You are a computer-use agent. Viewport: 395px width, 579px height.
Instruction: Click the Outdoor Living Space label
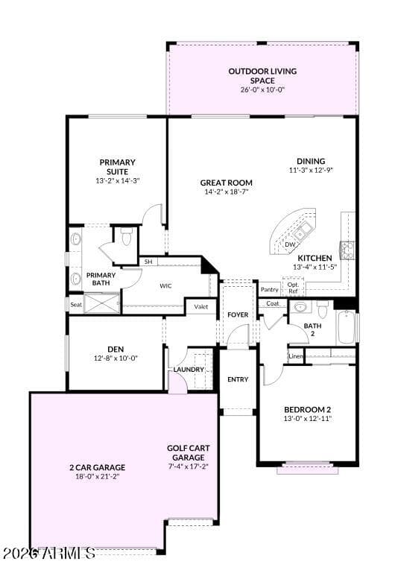pos(262,76)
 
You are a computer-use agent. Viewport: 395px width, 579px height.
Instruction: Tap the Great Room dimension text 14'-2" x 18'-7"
pos(227,192)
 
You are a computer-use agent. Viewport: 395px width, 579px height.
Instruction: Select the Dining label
pos(311,161)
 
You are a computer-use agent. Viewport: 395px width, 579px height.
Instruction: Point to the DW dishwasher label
pos(290,244)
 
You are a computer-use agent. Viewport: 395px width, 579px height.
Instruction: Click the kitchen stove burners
pos(347,249)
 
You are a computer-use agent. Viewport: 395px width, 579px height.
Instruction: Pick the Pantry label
pos(270,289)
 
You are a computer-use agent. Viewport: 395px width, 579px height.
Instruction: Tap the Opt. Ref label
pos(293,288)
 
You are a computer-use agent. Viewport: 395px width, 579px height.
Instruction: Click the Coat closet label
pos(273,303)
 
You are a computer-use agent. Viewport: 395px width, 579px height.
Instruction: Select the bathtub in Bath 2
pos(346,327)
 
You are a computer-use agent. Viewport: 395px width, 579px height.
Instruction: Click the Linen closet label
pos(296,356)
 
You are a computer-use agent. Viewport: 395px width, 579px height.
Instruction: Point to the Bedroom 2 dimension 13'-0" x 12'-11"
pos(308,418)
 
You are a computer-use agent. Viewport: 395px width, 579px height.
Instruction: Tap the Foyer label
pos(238,314)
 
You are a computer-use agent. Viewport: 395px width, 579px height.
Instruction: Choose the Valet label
pos(201,306)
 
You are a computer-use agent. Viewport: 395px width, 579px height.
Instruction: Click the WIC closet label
pos(165,286)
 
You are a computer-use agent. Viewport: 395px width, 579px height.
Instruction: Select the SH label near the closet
pos(148,262)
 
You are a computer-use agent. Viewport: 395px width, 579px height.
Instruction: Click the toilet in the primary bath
pos(126,237)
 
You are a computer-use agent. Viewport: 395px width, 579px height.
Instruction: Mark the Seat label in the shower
pos(76,305)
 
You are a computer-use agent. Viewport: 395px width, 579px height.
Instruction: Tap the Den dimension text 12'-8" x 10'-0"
pos(116,358)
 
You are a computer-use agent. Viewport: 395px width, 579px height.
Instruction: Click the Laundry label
pos(189,370)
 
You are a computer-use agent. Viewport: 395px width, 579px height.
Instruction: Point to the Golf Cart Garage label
pos(189,453)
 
